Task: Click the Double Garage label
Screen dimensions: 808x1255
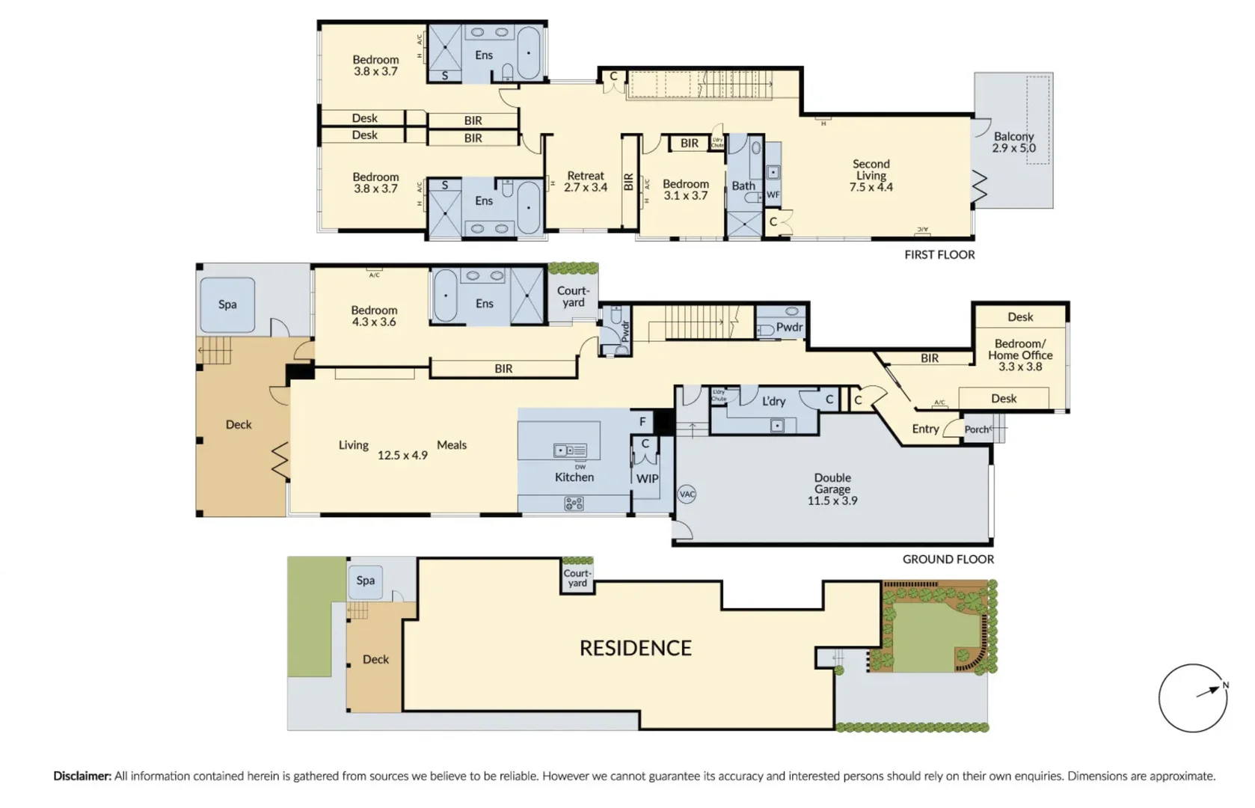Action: click(x=832, y=489)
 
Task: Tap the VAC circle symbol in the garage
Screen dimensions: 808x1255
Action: click(x=687, y=494)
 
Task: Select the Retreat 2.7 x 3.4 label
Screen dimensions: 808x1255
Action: click(x=586, y=181)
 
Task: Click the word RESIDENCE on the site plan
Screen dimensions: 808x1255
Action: click(x=636, y=648)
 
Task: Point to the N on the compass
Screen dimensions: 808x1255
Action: click(x=1225, y=685)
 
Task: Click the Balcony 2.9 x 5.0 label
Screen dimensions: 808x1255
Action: click(x=1013, y=142)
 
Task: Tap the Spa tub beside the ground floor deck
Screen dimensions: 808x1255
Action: click(x=227, y=305)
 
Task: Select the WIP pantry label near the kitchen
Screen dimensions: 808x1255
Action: click(x=647, y=479)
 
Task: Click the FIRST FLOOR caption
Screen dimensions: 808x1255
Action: click(x=939, y=254)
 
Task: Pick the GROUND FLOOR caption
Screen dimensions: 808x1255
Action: click(x=948, y=559)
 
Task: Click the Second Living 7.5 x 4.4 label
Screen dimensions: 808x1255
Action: click(x=871, y=175)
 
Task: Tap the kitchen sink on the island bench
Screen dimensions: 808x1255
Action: click(x=570, y=450)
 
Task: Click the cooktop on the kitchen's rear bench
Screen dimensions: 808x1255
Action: click(x=574, y=504)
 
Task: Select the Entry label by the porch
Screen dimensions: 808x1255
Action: click(x=925, y=429)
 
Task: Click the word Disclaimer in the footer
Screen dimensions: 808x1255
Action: click(x=82, y=776)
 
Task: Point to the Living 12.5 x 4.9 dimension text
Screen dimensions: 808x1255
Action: click(x=402, y=455)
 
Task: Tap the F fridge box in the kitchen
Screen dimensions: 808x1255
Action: click(x=642, y=421)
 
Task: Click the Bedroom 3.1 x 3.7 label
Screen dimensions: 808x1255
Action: click(x=685, y=189)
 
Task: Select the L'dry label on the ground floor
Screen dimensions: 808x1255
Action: click(x=773, y=401)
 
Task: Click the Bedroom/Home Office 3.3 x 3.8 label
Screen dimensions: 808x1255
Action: click(x=1020, y=355)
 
